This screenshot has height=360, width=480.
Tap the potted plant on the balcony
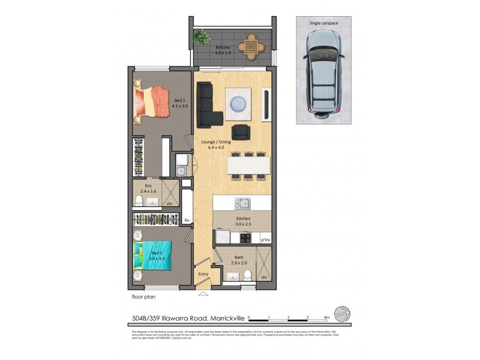tap(198, 37)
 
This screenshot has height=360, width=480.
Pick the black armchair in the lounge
tap(241, 131)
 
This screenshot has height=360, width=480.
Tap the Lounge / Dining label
tap(215, 145)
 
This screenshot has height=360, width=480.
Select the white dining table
tap(248, 165)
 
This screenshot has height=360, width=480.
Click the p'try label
tap(265, 240)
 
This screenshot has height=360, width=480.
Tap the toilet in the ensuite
tap(139, 200)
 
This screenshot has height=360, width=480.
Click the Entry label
tap(203, 274)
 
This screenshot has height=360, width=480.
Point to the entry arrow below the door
tap(203, 293)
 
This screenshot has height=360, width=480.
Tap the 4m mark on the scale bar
tap(327, 317)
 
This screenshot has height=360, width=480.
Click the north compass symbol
tap(342, 314)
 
